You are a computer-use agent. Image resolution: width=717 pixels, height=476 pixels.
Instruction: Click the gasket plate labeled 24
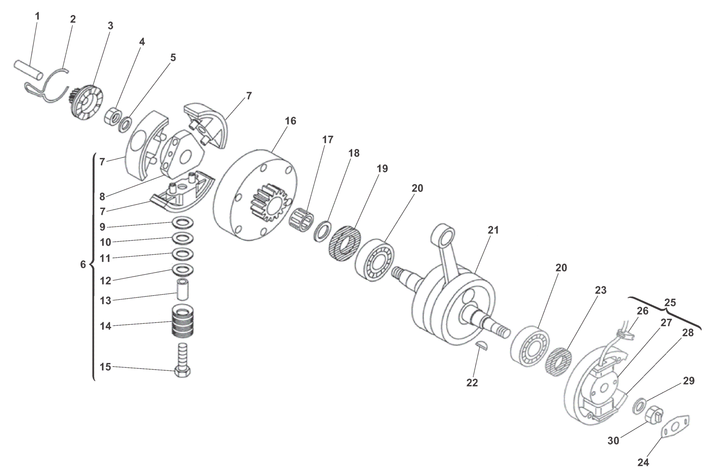(x=675, y=427)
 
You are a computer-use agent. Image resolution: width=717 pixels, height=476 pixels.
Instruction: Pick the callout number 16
(x=290, y=121)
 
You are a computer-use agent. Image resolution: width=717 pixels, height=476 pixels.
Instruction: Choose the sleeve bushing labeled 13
(x=183, y=291)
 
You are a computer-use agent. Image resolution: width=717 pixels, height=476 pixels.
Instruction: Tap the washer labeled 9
(x=183, y=223)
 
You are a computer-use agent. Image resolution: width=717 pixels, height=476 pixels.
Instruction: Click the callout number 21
(x=493, y=230)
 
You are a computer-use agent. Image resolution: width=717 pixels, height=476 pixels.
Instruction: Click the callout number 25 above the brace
(x=670, y=303)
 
